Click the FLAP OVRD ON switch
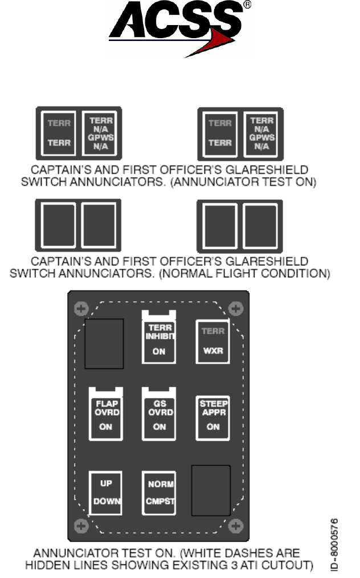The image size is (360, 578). click(x=105, y=413)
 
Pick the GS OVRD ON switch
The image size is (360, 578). click(x=159, y=413)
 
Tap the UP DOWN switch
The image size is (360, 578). click(x=105, y=493)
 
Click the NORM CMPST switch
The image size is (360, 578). click(x=159, y=493)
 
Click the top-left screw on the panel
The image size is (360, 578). click(x=81, y=309)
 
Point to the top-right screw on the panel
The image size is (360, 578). click(x=236, y=309)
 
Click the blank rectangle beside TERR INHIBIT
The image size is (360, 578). click(x=104, y=343)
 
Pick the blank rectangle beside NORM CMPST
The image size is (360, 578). click(x=211, y=490)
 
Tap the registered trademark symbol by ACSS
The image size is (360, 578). click(x=247, y=5)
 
